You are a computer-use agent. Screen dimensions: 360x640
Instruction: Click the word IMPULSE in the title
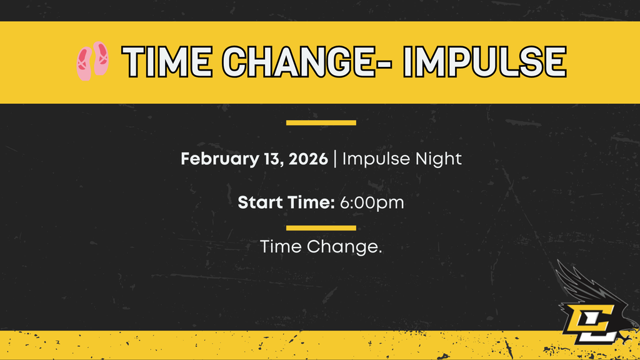click(x=485, y=61)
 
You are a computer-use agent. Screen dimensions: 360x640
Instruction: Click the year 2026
click(x=309, y=159)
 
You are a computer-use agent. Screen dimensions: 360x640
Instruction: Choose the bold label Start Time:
click(x=286, y=202)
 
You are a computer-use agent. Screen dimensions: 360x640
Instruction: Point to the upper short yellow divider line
click(x=321, y=122)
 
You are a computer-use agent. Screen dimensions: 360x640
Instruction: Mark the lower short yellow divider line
click(x=321, y=227)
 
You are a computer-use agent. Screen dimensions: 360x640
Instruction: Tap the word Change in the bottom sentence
click(x=344, y=247)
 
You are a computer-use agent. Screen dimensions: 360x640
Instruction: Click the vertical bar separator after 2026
click(x=336, y=159)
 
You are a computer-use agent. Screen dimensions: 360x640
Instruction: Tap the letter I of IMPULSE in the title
click(x=411, y=61)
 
